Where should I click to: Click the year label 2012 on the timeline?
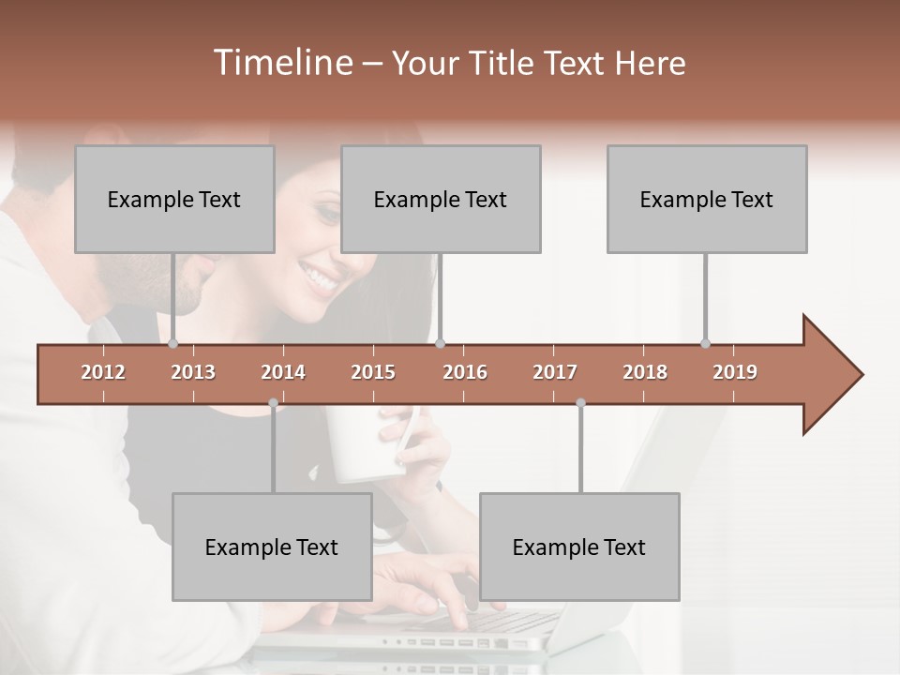pos(103,372)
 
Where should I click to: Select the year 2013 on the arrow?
pos(193,372)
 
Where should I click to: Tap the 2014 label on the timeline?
pos(283,372)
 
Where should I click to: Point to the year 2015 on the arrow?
pos(373,372)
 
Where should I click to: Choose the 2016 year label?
pos(465,372)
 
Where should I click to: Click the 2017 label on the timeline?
pos(555,372)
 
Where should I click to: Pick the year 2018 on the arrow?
pos(645,372)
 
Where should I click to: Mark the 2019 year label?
pos(735,372)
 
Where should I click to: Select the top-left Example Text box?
pos(174,200)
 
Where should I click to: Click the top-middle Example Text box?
pos(441,200)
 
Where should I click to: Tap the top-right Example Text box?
pos(707,200)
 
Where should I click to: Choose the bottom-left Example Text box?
pos(272,547)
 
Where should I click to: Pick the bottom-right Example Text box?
pos(579,547)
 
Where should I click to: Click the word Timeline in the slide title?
pos(281,63)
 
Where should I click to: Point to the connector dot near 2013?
pos(173,344)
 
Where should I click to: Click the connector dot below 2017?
pos(580,403)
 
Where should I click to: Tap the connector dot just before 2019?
pos(705,343)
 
